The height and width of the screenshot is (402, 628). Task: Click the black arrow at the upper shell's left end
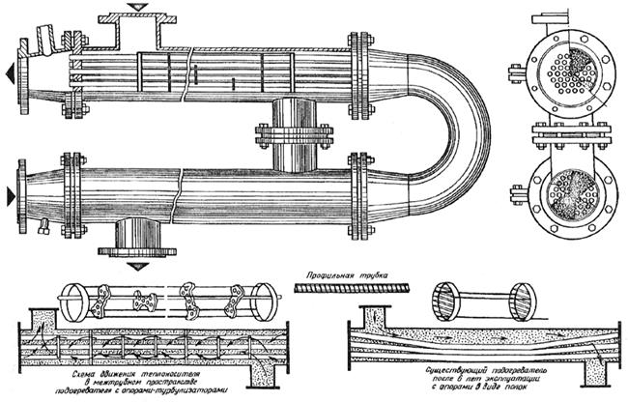(x=10, y=72)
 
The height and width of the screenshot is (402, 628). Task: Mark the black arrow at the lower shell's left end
(x=10, y=196)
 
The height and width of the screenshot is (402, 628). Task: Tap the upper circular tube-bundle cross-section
(x=565, y=69)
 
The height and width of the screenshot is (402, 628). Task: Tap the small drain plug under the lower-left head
(x=44, y=230)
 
